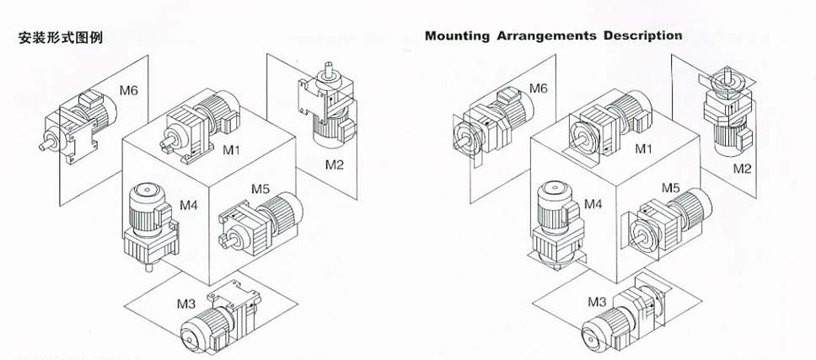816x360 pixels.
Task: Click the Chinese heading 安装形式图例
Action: [x=60, y=38]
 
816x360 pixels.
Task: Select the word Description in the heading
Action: [x=647, y=36]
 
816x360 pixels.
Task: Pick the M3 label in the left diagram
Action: [x=185, y=301]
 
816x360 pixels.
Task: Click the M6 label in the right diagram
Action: [x=539, y=89]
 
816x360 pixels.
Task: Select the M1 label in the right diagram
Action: [x=644, y=148]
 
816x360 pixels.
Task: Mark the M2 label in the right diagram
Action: [x=741, y=169]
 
